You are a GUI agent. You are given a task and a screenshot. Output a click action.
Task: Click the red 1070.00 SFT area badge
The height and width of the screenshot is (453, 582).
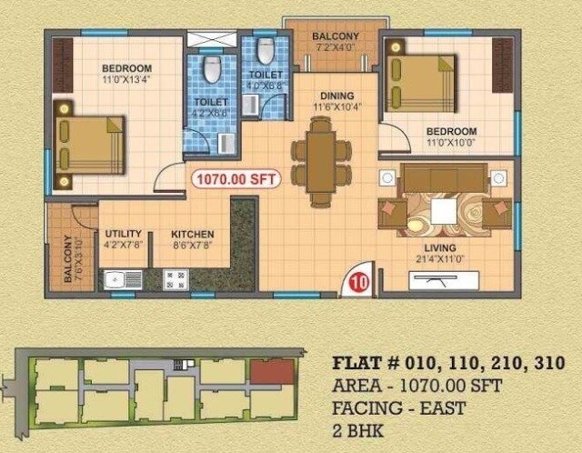pyautogui.click(x=235, y=179)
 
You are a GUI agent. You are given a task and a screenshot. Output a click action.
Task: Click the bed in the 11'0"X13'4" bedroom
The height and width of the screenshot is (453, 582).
pyautogui.click(x=90, y=145)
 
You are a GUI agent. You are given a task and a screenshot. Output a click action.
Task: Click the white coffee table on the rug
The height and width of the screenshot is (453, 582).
pyautogui.click(x=444, y=211)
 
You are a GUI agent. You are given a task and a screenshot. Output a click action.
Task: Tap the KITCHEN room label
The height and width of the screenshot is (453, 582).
pyautogui.click(x=192, y=234)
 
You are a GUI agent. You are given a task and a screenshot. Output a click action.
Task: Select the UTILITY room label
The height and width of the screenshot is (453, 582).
pyautogui.click(x=123, y=234)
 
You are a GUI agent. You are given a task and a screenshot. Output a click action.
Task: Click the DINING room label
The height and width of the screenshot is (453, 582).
pyautogui.click(x=336, y=96)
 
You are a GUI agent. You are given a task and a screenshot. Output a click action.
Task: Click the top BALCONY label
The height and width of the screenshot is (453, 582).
pyautogui.click(x=336, y=36)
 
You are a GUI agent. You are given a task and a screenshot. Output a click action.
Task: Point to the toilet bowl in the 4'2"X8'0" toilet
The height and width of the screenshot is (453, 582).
pyautogui.click(x=212, y=70)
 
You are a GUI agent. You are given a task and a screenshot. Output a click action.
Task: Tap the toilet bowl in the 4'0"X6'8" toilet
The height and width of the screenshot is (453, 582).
pyautogui.click(x=266, y=51)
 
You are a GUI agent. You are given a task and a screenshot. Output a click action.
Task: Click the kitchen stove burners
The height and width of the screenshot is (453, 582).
pyautogui.click(x=175, y=279)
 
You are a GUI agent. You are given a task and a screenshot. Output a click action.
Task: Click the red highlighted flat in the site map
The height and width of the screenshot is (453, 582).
pyautogui.click(x=273, y=371)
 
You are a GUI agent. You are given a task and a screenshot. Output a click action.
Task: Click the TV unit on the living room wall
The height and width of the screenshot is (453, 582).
pyautogui.click(x=446, y=280)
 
